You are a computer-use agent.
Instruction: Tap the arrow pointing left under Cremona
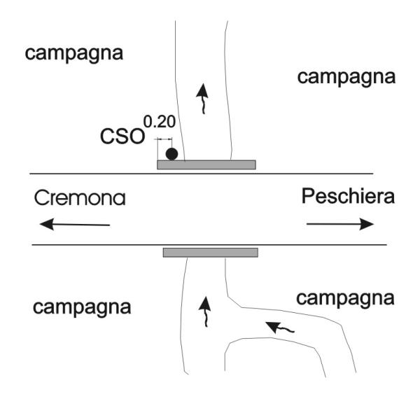click(74, 224)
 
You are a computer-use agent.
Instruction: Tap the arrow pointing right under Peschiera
click(340, 224)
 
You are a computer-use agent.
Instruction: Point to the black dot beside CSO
click(171, 153)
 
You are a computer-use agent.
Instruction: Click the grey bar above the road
click(206, 164)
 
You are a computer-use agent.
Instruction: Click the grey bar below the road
click(210, 252)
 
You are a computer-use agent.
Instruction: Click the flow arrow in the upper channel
click(202, 97)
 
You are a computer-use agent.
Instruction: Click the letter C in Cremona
click(41, 198)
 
